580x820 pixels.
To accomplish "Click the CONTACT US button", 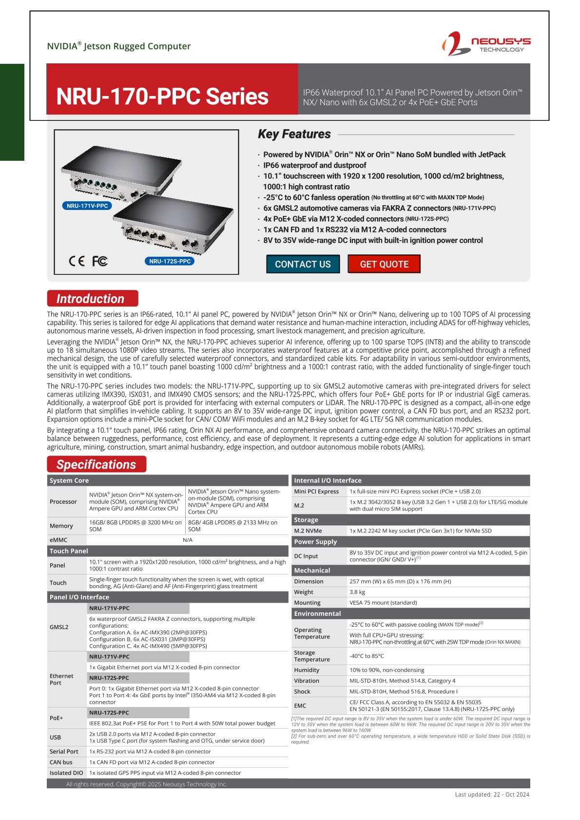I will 303,264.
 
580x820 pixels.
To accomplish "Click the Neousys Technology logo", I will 486,44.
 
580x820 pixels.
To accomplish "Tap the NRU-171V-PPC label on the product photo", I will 87,206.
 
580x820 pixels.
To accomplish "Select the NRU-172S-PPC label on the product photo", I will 170,261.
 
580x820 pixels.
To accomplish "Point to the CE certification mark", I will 77,261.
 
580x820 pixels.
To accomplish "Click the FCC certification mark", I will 100,261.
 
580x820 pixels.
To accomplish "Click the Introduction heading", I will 92,299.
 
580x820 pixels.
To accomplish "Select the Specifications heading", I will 97,464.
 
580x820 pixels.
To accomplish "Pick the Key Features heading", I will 294,134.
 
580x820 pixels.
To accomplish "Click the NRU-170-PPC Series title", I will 162,96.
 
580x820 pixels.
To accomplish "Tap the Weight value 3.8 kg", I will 357,592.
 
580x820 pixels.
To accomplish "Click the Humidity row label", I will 307,670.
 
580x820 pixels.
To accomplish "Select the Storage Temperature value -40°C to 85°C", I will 367,656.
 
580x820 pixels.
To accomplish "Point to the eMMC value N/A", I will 188,540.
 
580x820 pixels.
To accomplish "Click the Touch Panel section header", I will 69,551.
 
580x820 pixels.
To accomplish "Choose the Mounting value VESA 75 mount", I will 383,603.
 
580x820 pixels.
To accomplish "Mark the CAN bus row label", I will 61,762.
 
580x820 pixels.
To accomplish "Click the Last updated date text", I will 492,794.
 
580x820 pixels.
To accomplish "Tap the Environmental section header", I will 317,613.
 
